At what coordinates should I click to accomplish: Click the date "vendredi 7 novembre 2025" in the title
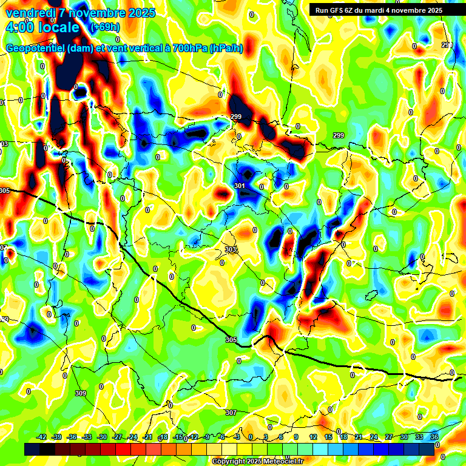(81, 13)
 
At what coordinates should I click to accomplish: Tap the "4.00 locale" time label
(42, 27)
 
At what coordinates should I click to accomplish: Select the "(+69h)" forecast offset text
(104, 27)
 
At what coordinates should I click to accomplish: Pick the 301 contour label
(239, 186)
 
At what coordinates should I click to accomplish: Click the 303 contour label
(230, 249)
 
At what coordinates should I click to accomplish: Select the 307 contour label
(231, 413)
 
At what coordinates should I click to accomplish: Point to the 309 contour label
(81, 394)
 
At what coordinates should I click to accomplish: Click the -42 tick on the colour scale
(42, 437)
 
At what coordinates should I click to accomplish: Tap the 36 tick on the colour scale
(434, 437)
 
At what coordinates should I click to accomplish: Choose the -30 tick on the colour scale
(102, 437)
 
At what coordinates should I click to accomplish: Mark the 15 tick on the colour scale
(328, 437)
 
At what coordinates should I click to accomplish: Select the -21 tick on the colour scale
(147, 437)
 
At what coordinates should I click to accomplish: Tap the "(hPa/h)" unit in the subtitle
(226, 49)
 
